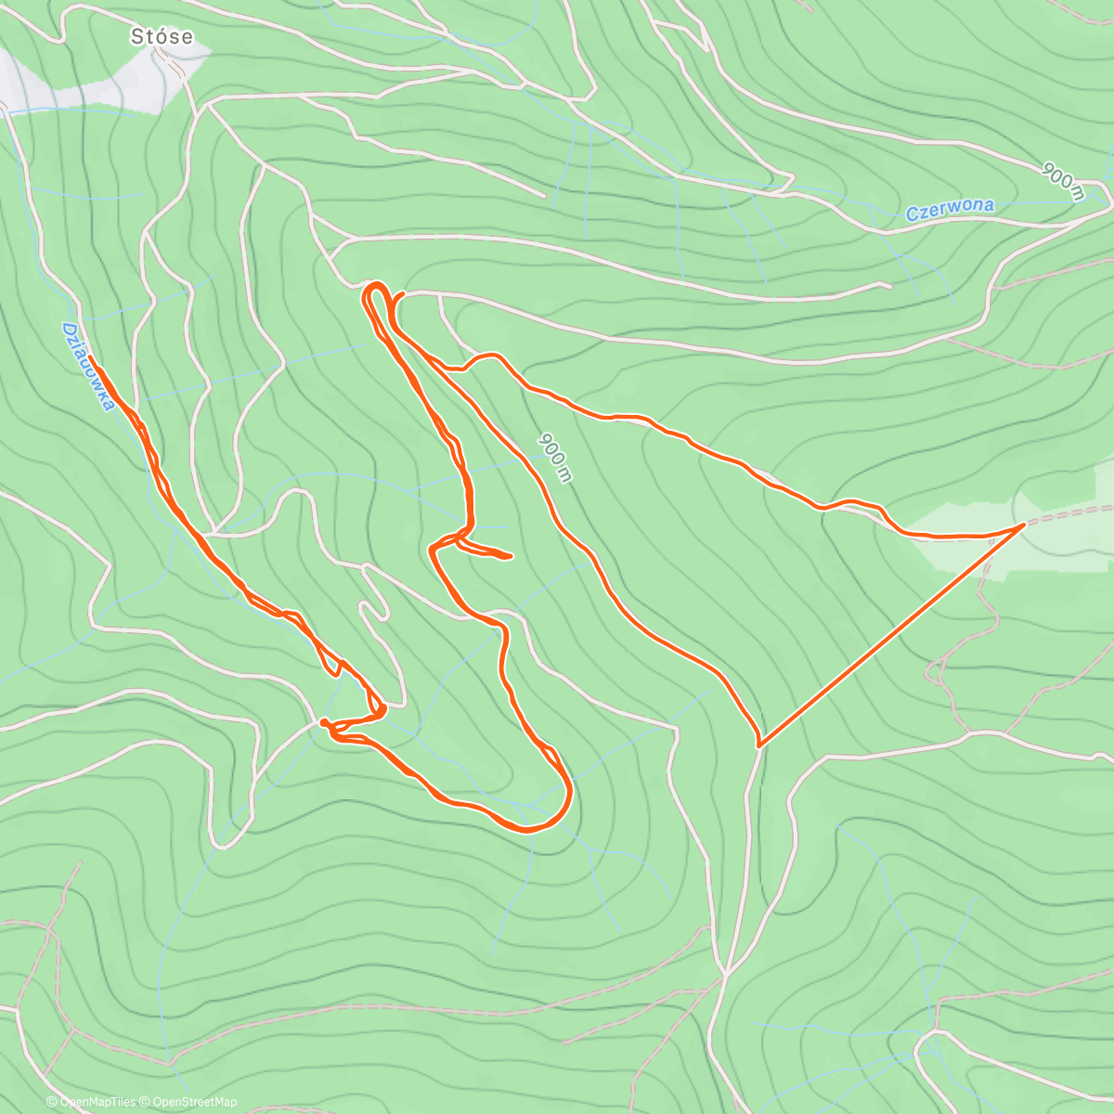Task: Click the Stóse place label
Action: point(162,36)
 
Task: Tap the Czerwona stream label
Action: point(950,210)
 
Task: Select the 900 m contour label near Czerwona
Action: point(1063,182)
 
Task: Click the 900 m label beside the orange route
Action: point(554,456)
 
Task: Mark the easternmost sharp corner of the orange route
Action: point(1024,525)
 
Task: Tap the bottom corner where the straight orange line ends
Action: point(759,745)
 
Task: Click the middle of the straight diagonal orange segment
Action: point(891,635)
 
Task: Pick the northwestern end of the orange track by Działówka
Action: point(89,356)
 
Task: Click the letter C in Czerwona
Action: point(912,215)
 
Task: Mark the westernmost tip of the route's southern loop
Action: point(321,721)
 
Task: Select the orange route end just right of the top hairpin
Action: point(402,294)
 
